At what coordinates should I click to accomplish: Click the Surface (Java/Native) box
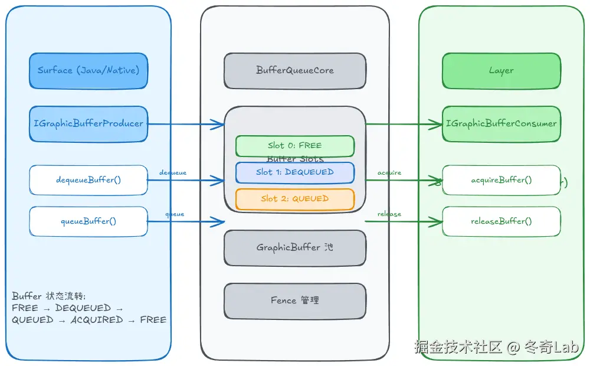[88, 70]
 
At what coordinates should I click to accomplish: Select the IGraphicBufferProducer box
[88, 124]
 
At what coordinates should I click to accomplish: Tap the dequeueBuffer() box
[88, 180]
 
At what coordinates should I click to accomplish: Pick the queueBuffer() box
[88, 221]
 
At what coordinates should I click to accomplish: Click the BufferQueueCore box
[295, 70]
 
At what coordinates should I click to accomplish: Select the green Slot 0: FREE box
[295, 146]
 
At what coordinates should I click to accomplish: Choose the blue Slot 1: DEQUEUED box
[295, 172]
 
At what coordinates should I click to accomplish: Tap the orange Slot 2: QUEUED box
[295, 199]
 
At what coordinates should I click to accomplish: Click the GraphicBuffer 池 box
[295, 248]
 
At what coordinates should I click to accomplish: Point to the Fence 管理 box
[295, 300]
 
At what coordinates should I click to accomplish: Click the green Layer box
[501, 70]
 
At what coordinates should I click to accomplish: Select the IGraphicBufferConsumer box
[501, 124]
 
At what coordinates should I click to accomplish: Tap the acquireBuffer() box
[501, 180]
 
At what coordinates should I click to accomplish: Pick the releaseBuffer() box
[501, 221]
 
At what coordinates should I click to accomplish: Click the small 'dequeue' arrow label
[173, 172]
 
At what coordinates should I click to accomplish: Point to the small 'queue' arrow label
[175, 214]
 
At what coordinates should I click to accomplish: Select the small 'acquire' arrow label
[389, 172]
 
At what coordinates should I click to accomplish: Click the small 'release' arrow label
[389, 214]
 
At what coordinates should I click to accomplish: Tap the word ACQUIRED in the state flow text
[97, 320]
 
